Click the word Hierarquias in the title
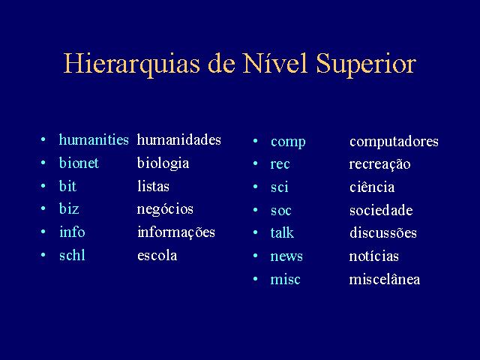[132, 64]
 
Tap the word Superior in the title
[366, 64]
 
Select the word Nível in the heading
[274, 63]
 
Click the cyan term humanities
[94, 139]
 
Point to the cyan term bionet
[79, 163]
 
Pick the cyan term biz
[69, 208]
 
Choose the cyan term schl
[72, 255]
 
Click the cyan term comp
[288, 142]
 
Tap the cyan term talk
[282, 232]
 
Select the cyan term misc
[285, 279]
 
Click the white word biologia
[163, 163]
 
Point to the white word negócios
[165, 210]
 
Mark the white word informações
[176, 232]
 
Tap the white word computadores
[394, 142]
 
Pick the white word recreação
[380, 165]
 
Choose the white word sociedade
[381, 210]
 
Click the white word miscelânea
[385, 279]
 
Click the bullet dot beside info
[43, 232]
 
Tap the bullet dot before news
[255, 256]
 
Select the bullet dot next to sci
[255, 187]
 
